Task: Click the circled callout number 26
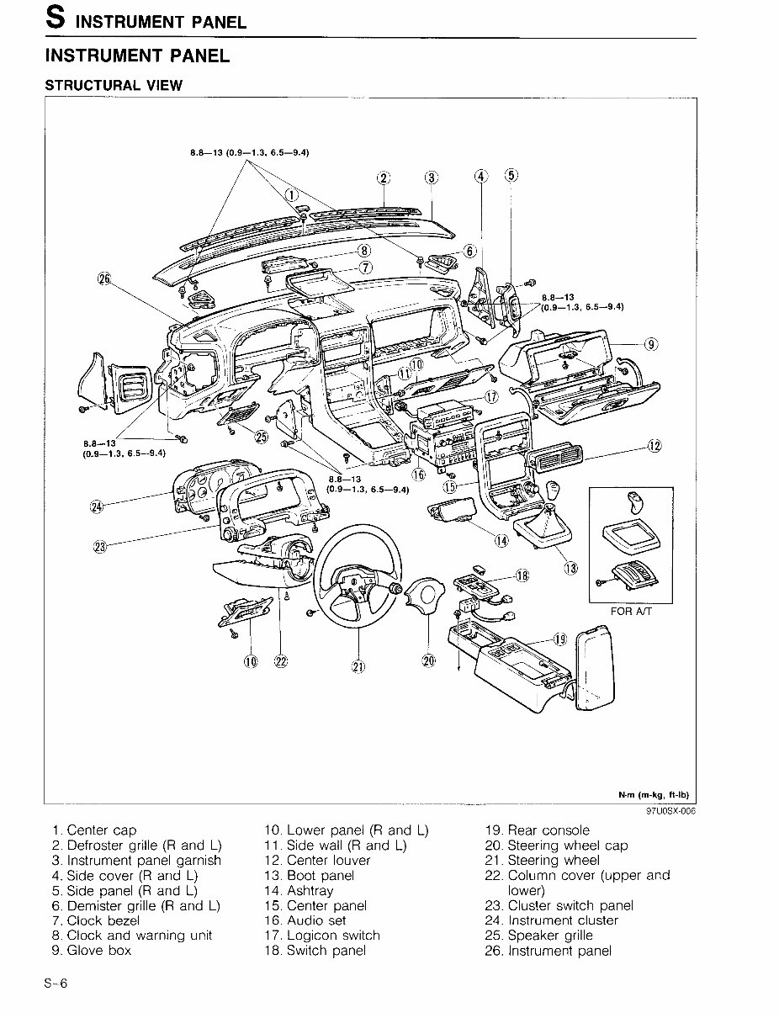click(x=104, y=280)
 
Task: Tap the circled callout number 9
click(x=651, y=343)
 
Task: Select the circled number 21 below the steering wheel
click(x=358, y=666)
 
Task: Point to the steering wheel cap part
click(x=429, y=601)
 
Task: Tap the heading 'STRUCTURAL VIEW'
click(x=113, y=85)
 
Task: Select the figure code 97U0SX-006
click(x=671, y=812)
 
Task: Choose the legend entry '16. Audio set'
click(x=305, y=920)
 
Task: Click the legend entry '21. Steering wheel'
click(x=543, y=860)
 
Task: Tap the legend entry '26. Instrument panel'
click(x=548, y=951)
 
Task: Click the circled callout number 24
click(x=97, y=506)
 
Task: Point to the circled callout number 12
click(x=654, y=445)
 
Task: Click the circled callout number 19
click(x=561, y=639)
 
